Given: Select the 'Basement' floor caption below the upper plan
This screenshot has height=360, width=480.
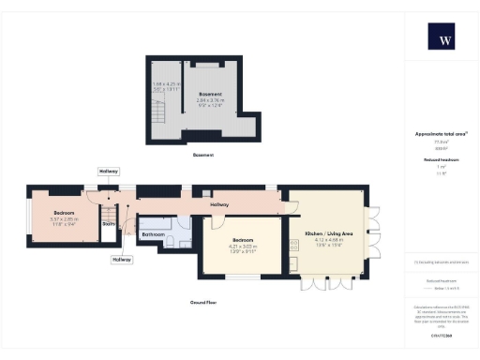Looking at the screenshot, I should [203, 155].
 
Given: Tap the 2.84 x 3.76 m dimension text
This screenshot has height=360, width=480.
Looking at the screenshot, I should [211, 101].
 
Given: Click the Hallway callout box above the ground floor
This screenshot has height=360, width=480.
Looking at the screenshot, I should [109, 172].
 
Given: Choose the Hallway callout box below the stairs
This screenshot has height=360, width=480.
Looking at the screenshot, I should [121, 260].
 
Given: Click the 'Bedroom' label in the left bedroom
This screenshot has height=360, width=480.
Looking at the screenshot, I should [63, 213].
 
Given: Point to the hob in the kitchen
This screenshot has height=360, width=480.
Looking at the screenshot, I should [294, 245].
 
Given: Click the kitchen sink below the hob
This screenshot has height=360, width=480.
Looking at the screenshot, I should [294, 262].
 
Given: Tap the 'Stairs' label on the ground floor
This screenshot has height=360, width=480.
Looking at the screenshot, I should [109, 225].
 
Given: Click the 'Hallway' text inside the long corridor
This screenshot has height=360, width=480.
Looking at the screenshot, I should [219, 204].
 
